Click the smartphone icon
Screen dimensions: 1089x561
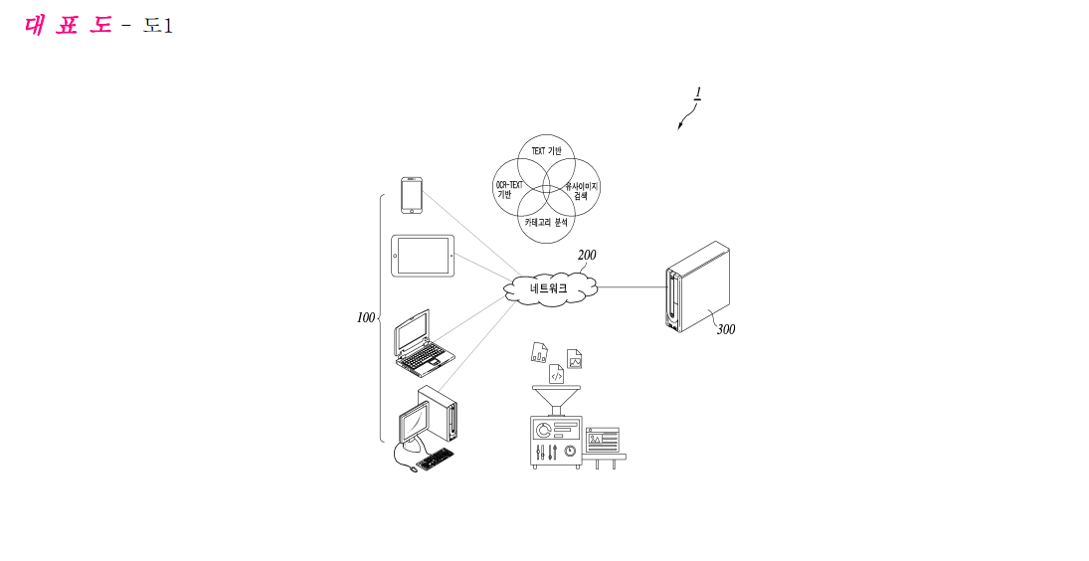(x=411, y=196)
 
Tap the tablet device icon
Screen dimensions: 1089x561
(x=423, y=256)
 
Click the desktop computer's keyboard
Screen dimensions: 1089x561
(x=435, y=459)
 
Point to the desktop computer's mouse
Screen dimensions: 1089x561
(x=413, y=469)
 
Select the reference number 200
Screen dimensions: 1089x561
(x=587, y=255)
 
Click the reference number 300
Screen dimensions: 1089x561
(x=726, y=329)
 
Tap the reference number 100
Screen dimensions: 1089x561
(x=365, y=318)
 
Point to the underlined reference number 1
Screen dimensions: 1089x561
(x=698, y=93)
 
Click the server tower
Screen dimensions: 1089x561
(x=698, y=286)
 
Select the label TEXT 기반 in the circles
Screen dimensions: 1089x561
(x=547, y=150)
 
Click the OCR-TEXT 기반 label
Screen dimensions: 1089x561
(x=509, y=190)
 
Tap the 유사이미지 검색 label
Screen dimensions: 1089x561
(x=582, y=191)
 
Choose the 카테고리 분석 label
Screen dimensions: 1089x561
(x=546, y=222)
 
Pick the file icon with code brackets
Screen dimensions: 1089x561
(x=556, y=374)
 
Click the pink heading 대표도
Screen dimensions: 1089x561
(x=68, y=26)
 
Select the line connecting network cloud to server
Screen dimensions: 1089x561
(x=632, y=286)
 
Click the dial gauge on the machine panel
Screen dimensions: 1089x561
(x=570, y=451)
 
